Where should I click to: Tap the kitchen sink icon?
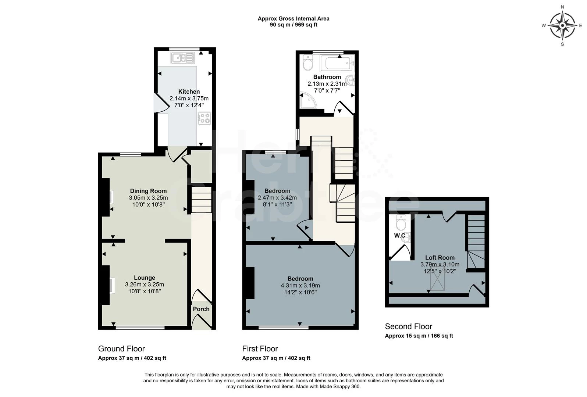pos(182,58)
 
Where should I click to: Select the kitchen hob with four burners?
pos(204,118)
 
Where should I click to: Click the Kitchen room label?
pos(189,92)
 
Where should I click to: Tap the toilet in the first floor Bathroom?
pos(307,64)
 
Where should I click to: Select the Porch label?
pos(201,309)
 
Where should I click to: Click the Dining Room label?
pos(148,191)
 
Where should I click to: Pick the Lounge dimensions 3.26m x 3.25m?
pos(145,285)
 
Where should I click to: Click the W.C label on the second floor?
pos(400,236)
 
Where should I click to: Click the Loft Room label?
pos(440,258)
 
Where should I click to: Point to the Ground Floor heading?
pos(121,348)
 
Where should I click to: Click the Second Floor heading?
pos(408,326)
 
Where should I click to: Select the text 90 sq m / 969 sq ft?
pos(293,25)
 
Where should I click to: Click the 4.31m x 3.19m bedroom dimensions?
pos(300,286)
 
